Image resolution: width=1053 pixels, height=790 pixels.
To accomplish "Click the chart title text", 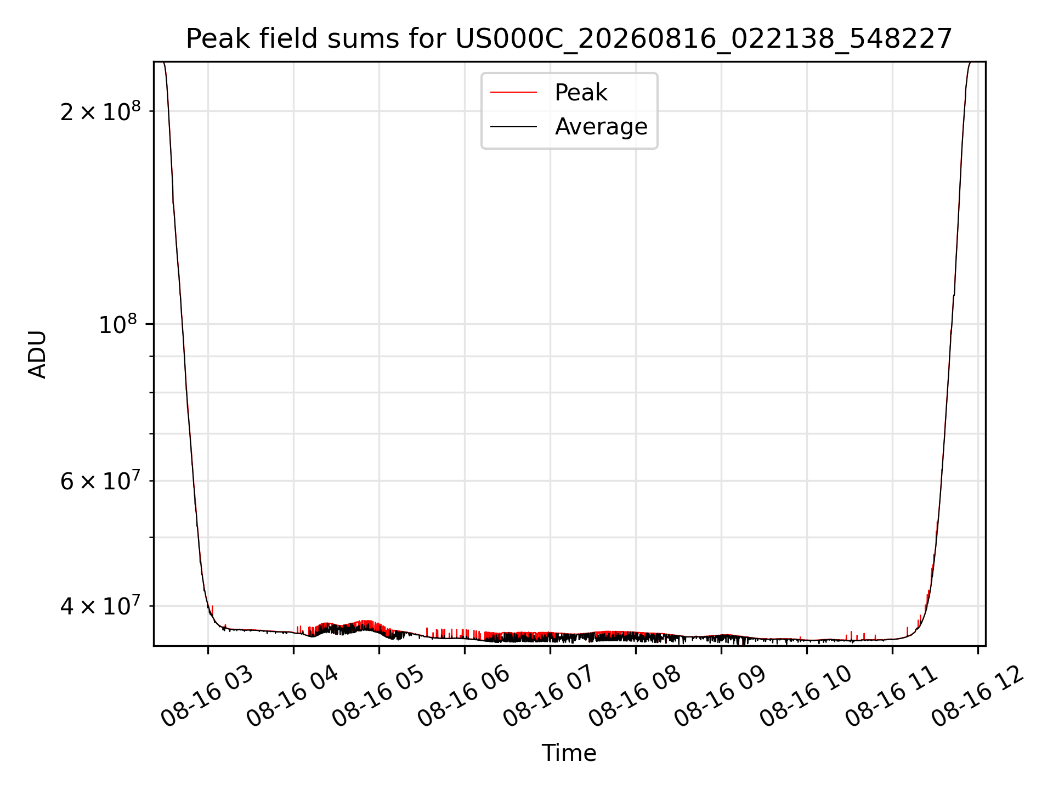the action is pos(569,39).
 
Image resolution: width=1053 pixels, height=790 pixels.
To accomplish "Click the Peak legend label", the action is pos(581,93).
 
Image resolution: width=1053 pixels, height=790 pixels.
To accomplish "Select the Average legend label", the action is pos(601,127).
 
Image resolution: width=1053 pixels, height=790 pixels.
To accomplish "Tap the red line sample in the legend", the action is pos(513,93).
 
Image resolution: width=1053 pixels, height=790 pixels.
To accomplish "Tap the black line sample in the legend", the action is pos(513,127).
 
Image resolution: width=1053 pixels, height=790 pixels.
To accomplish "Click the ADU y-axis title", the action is pos(37,354).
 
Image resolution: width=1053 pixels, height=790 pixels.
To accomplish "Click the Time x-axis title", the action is pos(569,753).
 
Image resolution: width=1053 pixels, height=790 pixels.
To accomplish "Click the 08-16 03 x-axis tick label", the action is pos(207,697).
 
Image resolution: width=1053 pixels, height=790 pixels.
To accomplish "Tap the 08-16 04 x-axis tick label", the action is pos(293,697).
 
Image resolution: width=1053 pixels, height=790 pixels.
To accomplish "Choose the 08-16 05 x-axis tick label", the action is pos(378,697).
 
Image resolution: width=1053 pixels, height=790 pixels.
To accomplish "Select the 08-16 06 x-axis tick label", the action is pos(464,697).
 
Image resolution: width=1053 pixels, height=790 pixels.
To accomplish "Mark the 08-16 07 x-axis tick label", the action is pos(550,697).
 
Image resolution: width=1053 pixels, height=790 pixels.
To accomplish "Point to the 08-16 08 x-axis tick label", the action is pos(635,697).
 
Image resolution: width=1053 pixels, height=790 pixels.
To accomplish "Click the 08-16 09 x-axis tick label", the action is pos(721,697).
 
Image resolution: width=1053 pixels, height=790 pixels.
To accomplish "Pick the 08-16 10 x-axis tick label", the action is pos(806,697).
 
